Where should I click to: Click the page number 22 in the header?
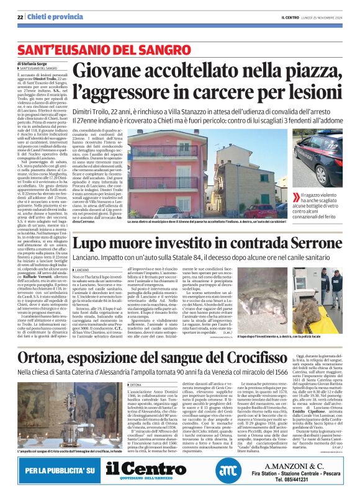pos(20,16)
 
